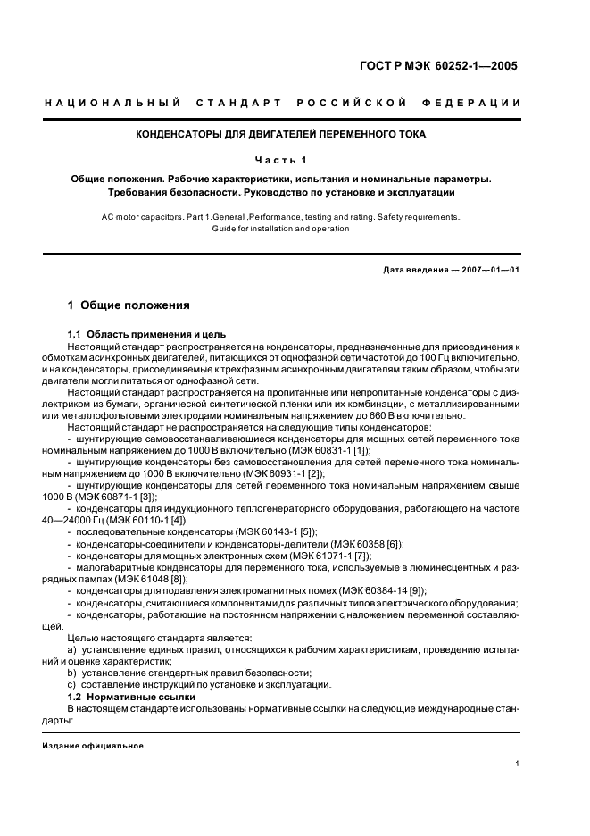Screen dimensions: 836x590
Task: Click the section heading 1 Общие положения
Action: (x=129, y=305)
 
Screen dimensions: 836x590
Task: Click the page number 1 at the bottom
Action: (x=518, y=764)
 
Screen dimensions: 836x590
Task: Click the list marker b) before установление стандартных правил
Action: (x=71, y=673)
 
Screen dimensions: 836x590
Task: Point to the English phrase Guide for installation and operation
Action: (x=280, y=229)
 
